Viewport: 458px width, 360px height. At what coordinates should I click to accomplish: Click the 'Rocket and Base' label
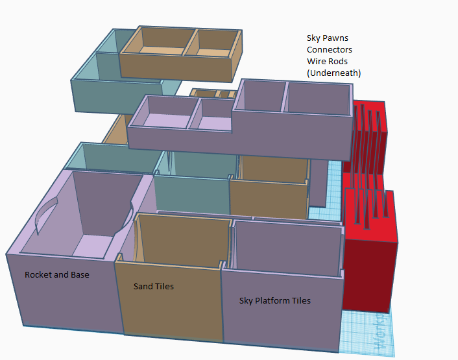pyautogui.click(x=57, y=275)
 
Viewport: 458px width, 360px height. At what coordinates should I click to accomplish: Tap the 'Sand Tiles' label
pyautogui.click(x=154, y=287)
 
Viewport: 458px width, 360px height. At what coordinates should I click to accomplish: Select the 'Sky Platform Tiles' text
pyautogui.click(x=275, y=301)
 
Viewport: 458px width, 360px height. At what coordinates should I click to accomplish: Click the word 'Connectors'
pyautogui.click(x=329, y=50)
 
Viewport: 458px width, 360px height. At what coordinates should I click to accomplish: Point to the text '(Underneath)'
pyautogui.click(x=333, y=73)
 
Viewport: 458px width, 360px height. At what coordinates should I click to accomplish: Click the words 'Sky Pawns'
pyautogui.click(x=328, y=38)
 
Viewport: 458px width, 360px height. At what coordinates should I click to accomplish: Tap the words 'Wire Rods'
pyautogui.click(x=327, y=62)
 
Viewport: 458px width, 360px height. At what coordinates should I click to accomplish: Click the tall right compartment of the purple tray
pyautogui.click(x=318, y=99)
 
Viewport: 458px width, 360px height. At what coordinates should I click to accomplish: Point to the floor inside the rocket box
pyautogui.click(x=93, y=246)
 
